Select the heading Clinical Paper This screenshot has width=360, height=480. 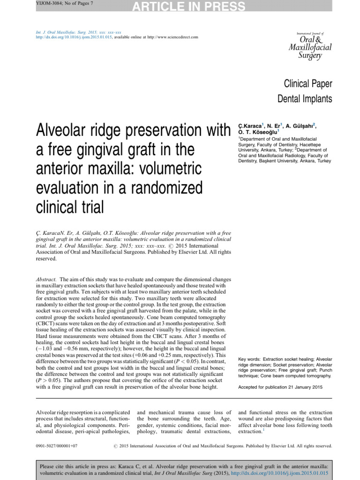[307, 84]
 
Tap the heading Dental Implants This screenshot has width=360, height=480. [305, 99]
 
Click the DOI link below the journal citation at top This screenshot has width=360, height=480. [74, 37]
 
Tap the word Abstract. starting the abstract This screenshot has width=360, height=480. [46, 278]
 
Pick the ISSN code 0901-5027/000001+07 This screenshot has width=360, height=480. [57, 446]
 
